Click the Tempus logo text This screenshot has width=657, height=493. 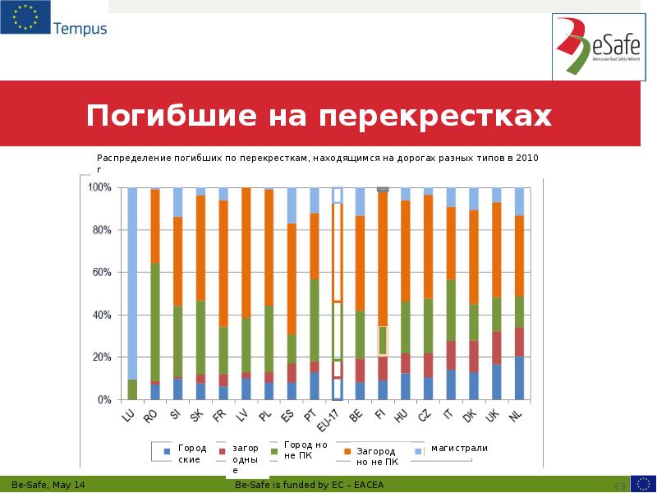pos(80,29)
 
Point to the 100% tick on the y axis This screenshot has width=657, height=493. pos(99,188)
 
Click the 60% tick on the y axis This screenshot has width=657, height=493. pos(101,273)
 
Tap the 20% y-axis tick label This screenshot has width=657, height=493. pos(101,357)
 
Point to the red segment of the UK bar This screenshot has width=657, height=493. pos(496,348)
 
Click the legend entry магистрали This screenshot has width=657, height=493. pos(459,449)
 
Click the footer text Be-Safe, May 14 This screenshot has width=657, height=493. pos(47,486)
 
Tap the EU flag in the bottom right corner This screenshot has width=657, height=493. pos(643,485)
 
